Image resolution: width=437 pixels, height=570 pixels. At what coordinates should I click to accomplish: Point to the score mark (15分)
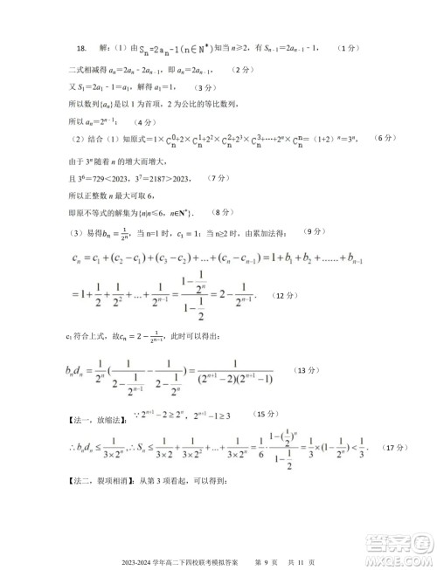coord(266,412)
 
